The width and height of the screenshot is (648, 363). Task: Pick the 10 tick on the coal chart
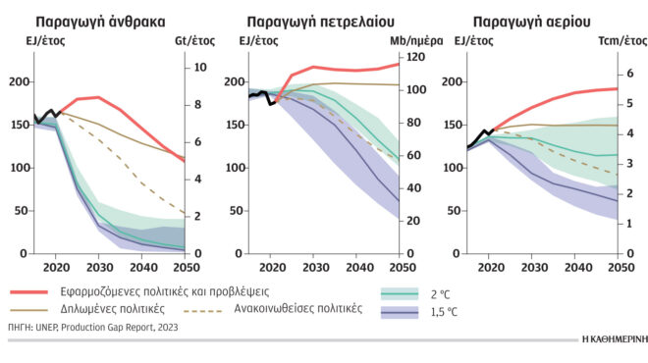(x=198, y=67)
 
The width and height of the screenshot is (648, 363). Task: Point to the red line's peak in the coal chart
(x=98, y=97)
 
